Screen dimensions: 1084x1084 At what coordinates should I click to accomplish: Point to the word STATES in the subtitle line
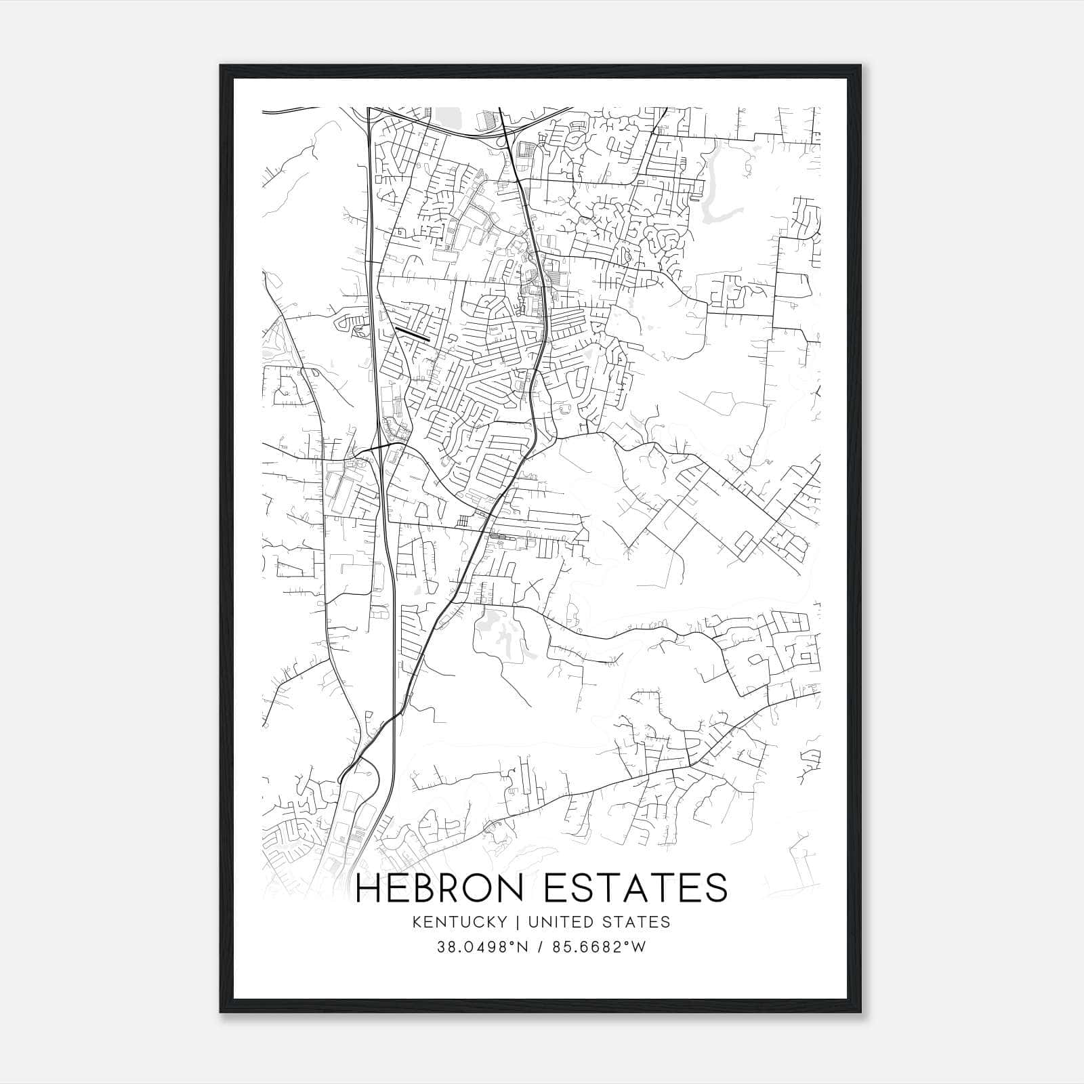tap(637, 922)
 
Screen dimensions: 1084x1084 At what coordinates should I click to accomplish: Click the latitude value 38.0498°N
tap(481, 947)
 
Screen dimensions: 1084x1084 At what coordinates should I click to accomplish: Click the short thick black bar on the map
tap(412, 333)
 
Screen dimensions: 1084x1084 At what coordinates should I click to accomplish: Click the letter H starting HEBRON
tap(370, 888)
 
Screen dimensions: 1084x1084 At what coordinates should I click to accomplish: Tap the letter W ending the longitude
tap(639, 947)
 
